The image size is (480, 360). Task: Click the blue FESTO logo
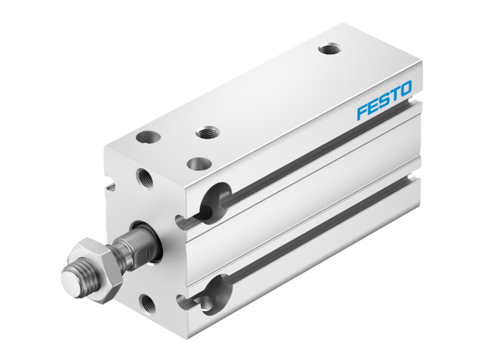coord(384,101)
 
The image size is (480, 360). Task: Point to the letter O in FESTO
coord(405,90)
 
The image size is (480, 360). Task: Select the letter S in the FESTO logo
coord(383,101)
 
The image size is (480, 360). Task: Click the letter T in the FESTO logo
coord(394,95)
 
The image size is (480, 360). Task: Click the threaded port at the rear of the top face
coord(328,49)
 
